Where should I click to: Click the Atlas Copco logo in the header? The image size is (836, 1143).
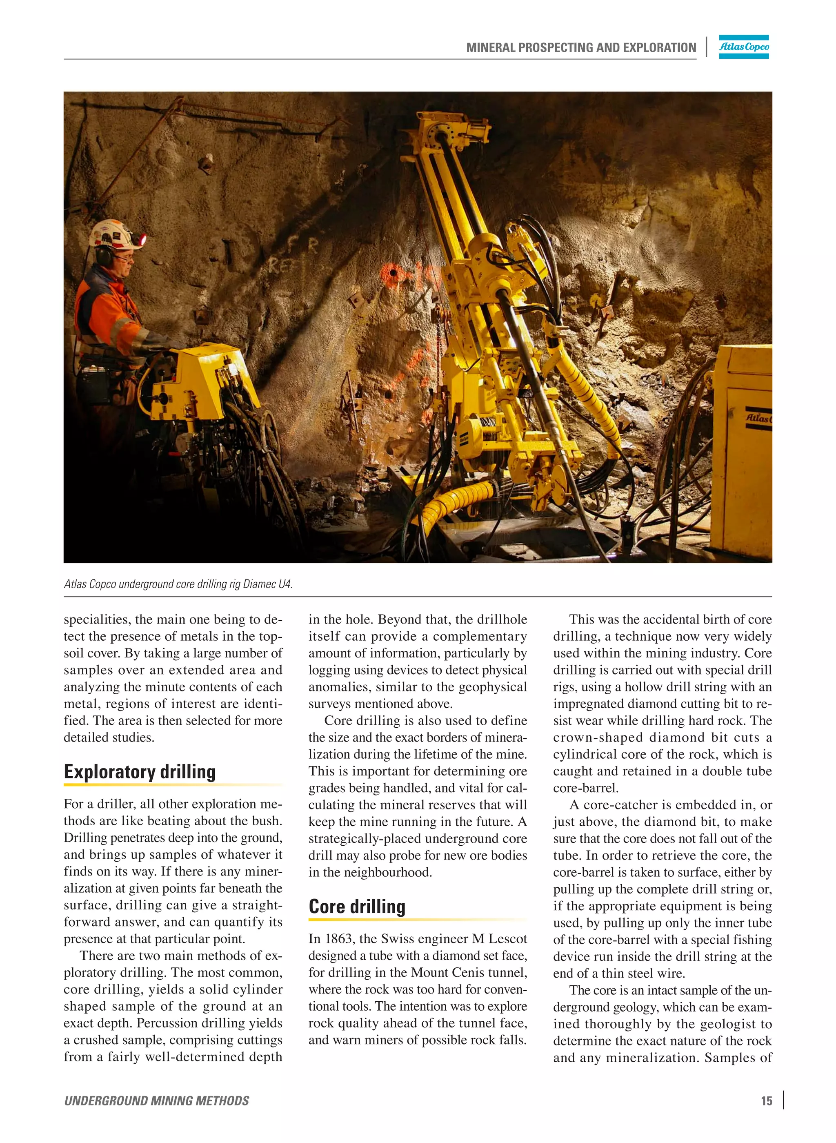pyautogui.click(x=743, y=47)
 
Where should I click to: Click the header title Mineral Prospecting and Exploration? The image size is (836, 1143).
pyautogui.click(x=581, y=48)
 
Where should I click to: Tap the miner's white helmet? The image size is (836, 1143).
pyautogui.click(x=113, y=234)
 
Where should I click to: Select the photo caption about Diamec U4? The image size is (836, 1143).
pyautogui.click(x=178, y=584)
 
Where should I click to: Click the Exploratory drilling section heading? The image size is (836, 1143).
pyautogui.click(x=140, y=772)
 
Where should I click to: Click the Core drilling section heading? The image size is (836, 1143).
pyautogui.click(x=357, y=907)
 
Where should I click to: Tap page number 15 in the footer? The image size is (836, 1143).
pyautogui.click(x=766, y=1101)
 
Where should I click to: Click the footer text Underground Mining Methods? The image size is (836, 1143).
pyautogui.click(x=156, y=1101)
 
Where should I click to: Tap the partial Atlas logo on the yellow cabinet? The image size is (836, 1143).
pyautogui.click(x=758, y=418)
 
